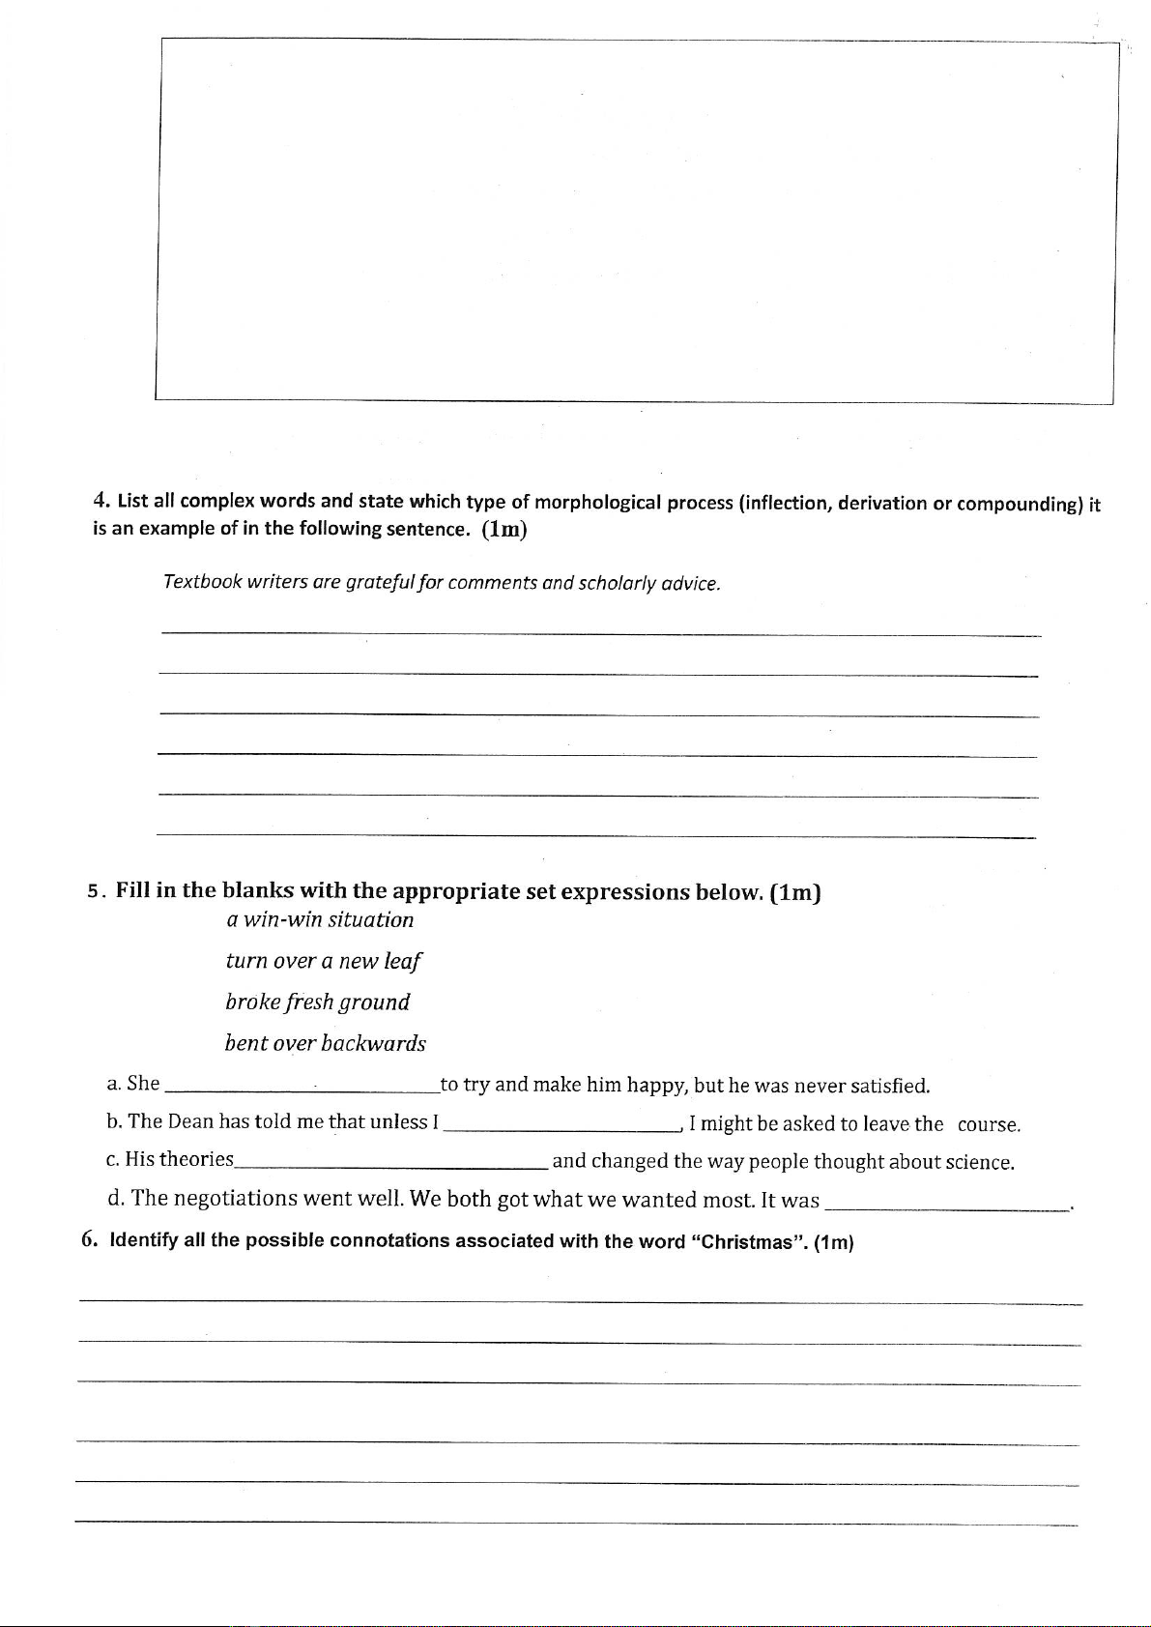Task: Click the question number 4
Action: [x=100, y=500]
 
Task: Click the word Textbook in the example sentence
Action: [x=201, y=582]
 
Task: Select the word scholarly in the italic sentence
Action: [x=616, y=584]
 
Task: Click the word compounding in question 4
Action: [x=1019, y=504]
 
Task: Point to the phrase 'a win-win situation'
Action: [x=319, y=919]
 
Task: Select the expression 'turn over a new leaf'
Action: [x=323, y=961]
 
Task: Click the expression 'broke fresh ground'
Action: [x=317, y=1002]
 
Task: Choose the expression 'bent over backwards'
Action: [x=325, y=1044]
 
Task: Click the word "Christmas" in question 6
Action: [x=750, y=1242]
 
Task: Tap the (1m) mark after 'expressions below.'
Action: [x=795, y=892]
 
